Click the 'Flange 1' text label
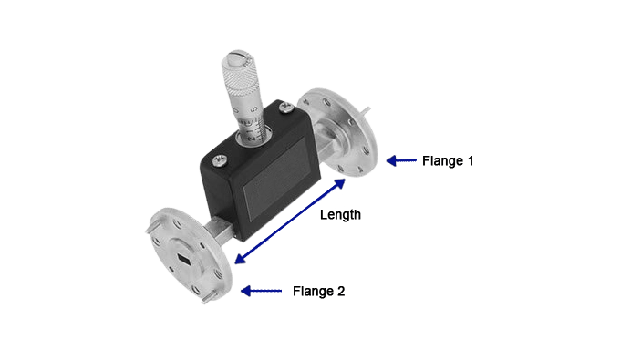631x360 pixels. [x=448, y=160]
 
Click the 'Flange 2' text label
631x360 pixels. [x=318, y=292]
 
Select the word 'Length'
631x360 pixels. [x=340, y=215]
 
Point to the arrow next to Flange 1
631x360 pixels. [x=401, y=160]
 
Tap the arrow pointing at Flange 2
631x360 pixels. [x=261, y=292]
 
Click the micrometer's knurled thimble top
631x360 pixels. [x=238, y=77]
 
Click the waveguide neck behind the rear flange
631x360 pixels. [x=323, y=138]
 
